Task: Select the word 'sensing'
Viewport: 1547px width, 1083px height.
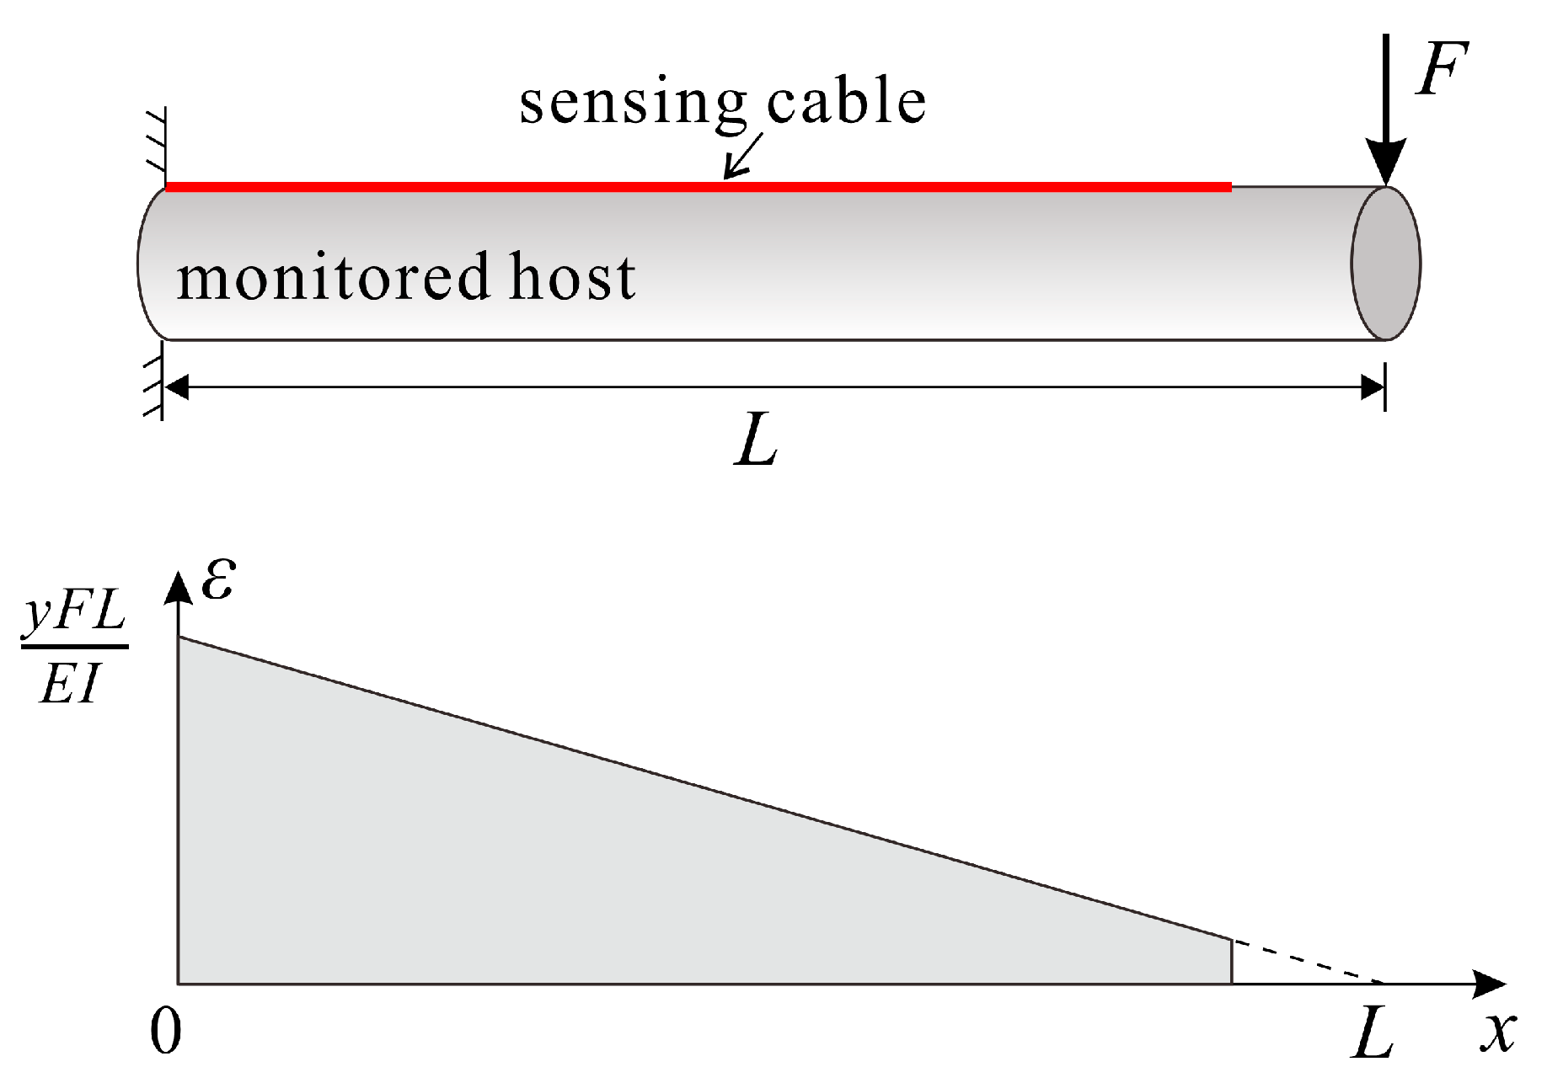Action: [x=632, y=103]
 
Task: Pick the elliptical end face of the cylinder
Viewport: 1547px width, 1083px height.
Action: [x=1386, y=264]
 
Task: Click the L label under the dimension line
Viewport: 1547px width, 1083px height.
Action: [x=756, y=440]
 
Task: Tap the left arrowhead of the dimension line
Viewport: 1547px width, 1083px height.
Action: [x=175, y=387]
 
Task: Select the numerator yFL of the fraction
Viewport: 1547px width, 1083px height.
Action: [x=74, y=614]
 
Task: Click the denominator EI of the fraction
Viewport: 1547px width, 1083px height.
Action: [x=71, y=684]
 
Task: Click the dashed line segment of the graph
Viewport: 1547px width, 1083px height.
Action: [x=1307, y=961]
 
